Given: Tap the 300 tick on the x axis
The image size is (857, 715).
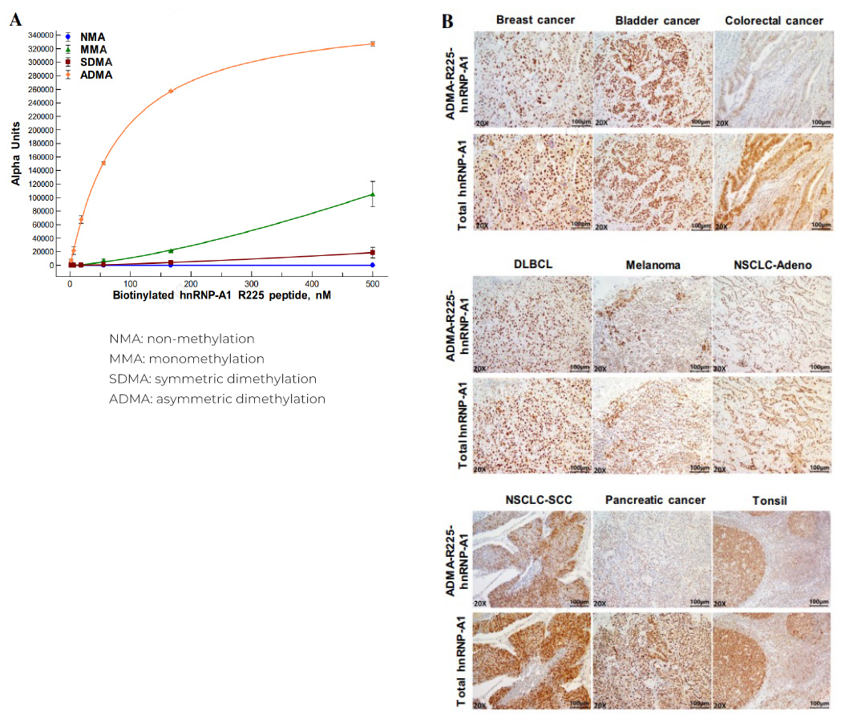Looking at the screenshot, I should click(252, 283).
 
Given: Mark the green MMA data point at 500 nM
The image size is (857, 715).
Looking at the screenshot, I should click(373, 194).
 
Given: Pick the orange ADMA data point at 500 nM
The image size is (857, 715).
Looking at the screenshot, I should click(373, 43).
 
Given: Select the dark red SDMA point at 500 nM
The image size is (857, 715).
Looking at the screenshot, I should click(373, 253).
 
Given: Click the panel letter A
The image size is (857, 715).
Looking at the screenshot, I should click(15, 20).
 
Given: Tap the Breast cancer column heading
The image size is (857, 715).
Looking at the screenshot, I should click(536, 20).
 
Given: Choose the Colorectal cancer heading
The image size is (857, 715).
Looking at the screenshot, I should click(774, 20).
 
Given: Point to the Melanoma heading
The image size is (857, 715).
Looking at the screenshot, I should click(652, 265).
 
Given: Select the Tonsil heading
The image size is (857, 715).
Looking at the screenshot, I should click(770, 501).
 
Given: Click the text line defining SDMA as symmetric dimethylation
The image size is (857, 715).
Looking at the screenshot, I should click(212, 379).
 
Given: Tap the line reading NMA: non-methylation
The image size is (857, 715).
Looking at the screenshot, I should click(181, 339).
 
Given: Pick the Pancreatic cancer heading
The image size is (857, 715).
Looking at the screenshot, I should click(655, 500).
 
